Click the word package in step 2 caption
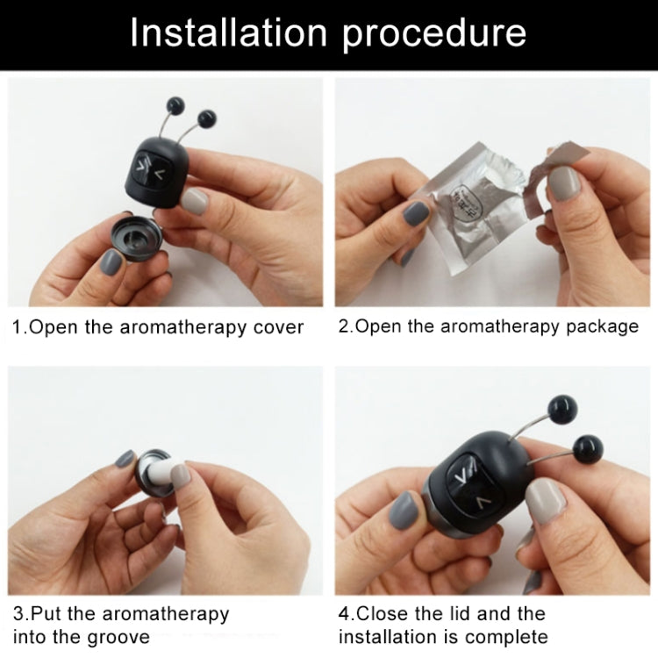tap(604, 327)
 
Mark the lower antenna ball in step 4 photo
tap(586, 449)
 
